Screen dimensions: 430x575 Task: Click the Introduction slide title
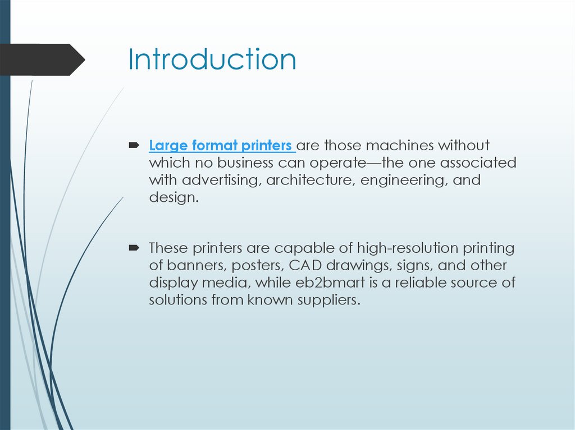point(212,59)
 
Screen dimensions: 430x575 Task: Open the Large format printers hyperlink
point(221,146)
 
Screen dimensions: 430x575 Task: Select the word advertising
point(223,181)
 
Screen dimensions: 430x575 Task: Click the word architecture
point(311,181)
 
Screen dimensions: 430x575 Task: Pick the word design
point(173,198)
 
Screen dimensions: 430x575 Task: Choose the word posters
point(254,265)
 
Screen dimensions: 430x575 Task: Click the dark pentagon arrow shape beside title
point(42,59)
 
